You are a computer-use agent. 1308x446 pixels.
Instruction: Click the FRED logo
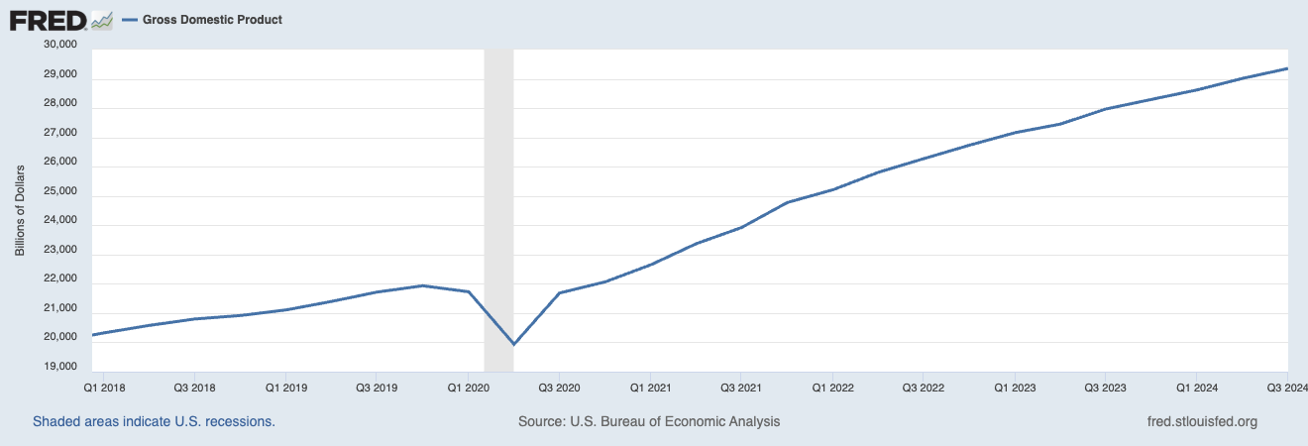pos(47,19)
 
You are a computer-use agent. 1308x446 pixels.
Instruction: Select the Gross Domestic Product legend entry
pos(211,20)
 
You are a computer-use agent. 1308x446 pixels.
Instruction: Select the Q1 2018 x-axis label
pos(104,388)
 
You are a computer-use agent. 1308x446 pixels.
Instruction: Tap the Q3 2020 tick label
pos(559,388)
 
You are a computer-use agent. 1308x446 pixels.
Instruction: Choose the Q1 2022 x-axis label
pos(831,388)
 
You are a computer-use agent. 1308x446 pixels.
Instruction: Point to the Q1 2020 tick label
pos(468,388)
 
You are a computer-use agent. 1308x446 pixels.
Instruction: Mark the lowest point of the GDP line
pos(513,344)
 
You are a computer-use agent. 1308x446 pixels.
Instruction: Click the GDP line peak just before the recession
pos(423,285)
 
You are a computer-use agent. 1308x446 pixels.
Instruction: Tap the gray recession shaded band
pos(498,198)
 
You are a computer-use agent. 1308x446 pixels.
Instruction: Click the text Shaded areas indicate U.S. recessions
pos(154,421)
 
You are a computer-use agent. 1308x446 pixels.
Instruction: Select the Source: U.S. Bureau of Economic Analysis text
pos(649,421)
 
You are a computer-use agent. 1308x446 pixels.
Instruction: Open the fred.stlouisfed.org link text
pos(1200,421)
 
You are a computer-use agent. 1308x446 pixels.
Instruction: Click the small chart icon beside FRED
pos(101,20)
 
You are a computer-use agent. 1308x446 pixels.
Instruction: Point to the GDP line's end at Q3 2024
pos(1286,68)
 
